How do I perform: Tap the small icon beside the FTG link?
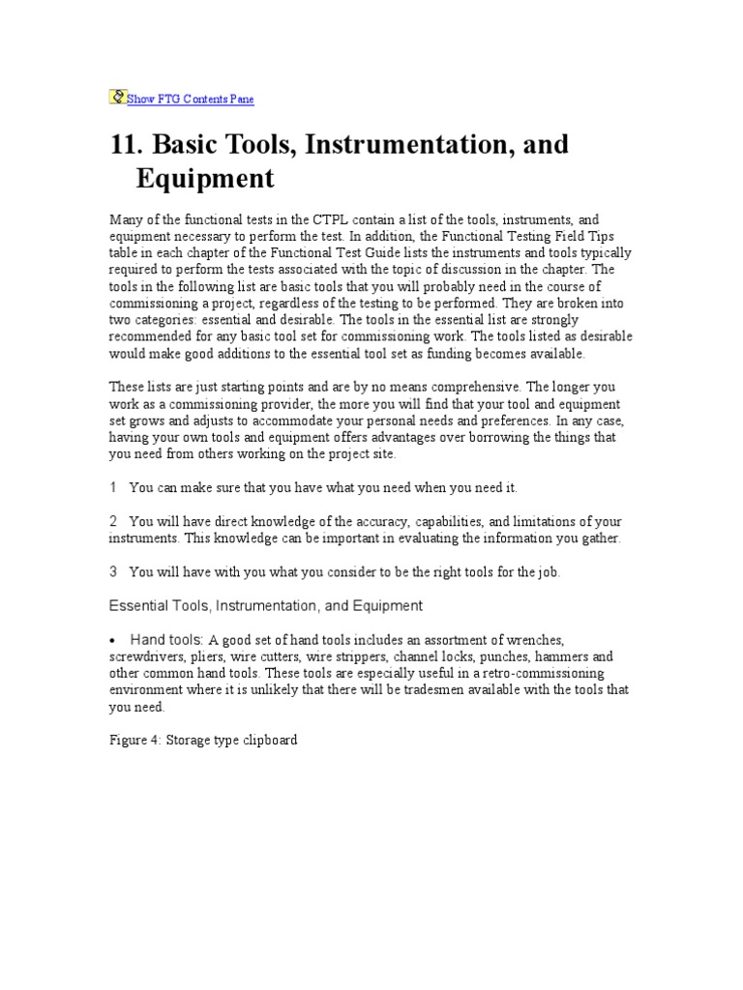[118, 97]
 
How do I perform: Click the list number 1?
[114, 488]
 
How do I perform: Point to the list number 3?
[114, 572]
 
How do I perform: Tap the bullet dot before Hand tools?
[114, 641]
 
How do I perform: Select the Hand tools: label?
[166, 640]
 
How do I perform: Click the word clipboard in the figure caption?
[267, 741]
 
